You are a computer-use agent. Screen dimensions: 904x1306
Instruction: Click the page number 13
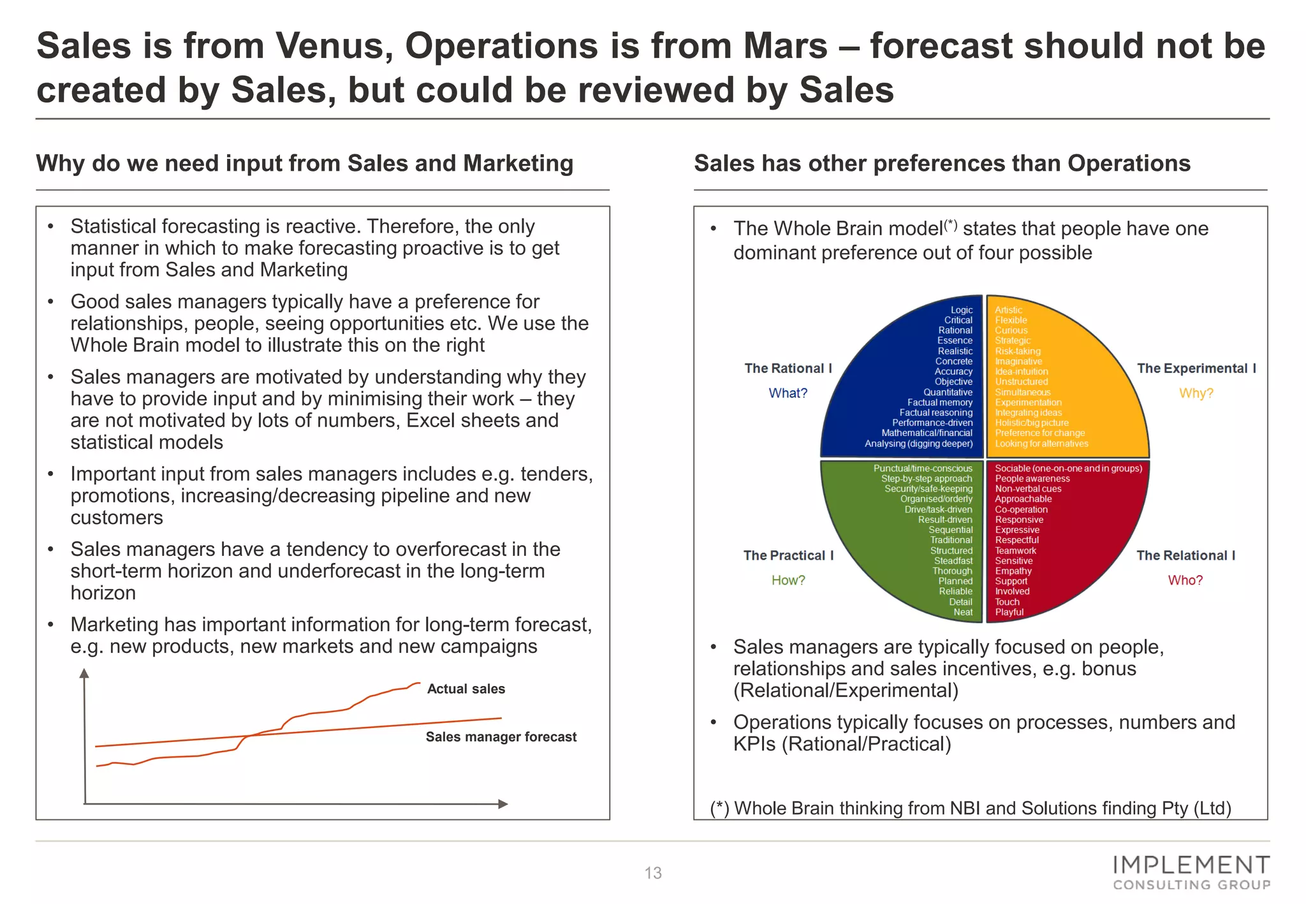(653, 873)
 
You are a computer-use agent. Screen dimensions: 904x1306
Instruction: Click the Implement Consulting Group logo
(1191, 873)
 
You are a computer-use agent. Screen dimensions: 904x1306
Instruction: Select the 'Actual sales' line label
(466, 689)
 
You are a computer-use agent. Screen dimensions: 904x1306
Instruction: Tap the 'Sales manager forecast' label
(501, 737)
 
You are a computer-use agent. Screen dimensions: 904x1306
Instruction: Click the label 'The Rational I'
(788, 368)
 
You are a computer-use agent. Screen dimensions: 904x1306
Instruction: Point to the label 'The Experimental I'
(1196, 368)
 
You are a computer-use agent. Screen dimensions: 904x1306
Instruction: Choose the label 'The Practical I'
(788, 555)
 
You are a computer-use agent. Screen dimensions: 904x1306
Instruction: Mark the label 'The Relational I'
(1185, 555)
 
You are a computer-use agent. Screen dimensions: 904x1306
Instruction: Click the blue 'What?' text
(788, 393)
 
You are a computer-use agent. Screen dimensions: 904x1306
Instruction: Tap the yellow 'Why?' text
(1196, 393)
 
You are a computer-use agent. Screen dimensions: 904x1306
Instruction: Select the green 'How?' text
(788, 580)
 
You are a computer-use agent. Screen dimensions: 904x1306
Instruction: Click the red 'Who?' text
(1185, 580)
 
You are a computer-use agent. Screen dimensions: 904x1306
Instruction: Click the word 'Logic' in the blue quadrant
(962, 310)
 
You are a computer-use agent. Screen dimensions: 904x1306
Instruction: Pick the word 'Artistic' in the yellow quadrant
(1009, 310)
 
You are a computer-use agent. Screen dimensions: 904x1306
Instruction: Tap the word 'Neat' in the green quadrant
(963, 612)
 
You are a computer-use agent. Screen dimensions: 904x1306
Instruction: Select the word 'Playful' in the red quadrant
(1009, 612)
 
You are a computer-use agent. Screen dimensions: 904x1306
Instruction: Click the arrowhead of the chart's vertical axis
(84, 673)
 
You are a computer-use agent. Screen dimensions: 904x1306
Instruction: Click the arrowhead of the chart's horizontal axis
(503, 804)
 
